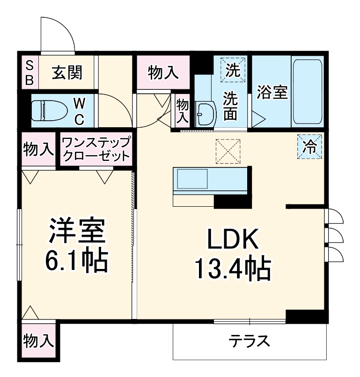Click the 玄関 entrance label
[67, 73]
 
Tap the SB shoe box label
[29, 72]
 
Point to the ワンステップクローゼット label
[95, 149]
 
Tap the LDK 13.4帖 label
[233, 253]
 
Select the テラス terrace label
[250, 341]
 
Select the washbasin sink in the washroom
[205, 113]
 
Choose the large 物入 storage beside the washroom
[163, 72]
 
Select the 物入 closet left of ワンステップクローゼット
[38, 149]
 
